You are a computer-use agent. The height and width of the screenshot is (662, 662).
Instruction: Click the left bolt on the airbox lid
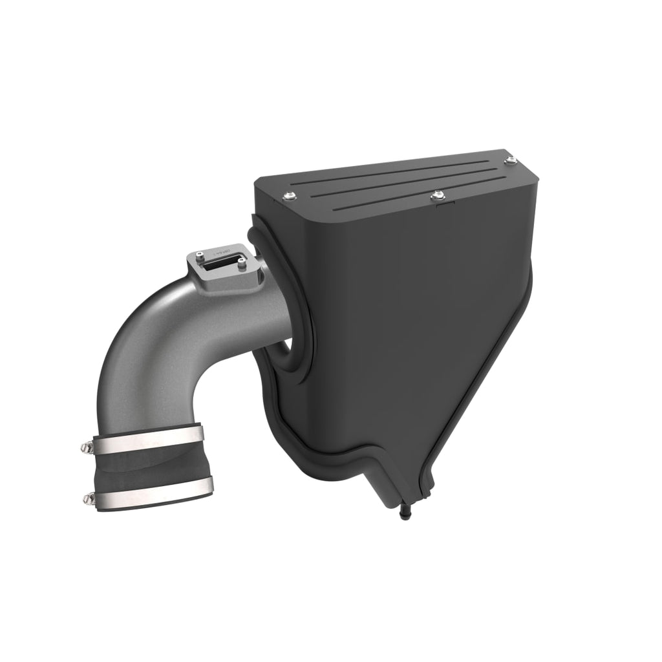286,196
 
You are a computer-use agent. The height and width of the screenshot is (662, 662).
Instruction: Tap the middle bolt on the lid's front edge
438,194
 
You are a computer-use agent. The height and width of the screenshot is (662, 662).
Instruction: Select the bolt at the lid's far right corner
511,159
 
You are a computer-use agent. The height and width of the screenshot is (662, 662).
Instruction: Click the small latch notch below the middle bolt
445,206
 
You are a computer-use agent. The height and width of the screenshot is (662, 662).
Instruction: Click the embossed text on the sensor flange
222,250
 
